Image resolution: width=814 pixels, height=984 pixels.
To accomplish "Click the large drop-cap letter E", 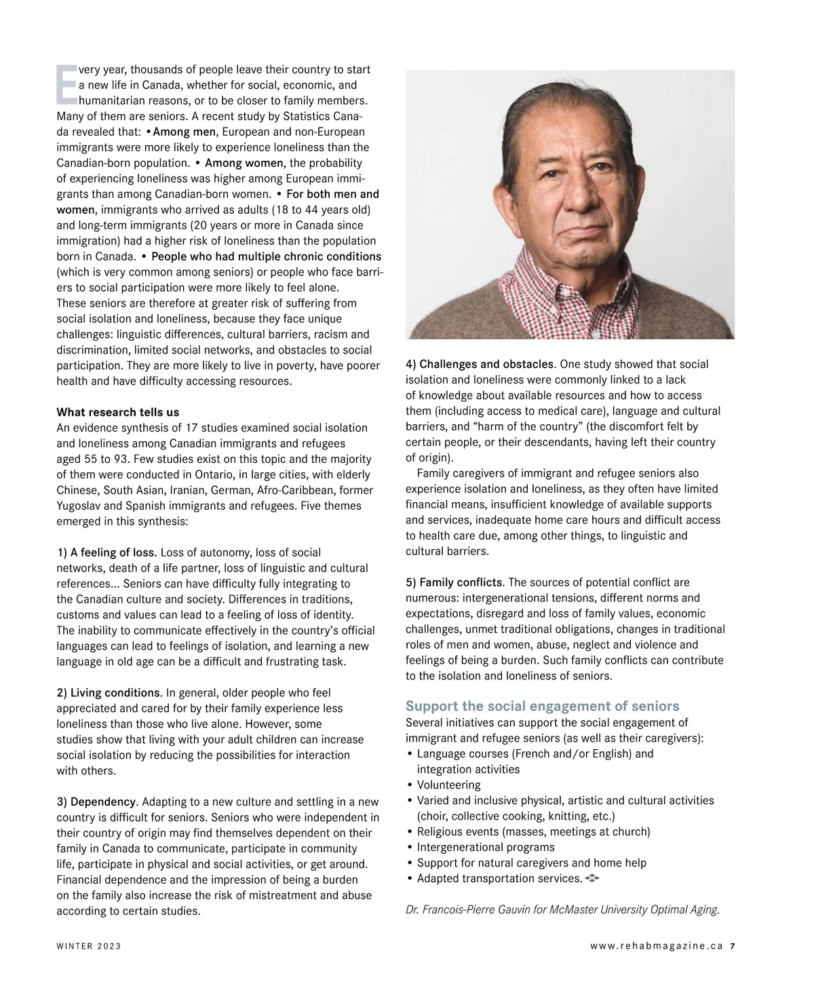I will (x=66, y=85).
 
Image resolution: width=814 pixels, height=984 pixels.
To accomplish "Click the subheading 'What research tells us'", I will (x=117, y=412).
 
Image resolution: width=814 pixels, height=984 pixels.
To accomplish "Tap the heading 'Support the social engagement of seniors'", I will (x=542, y=706).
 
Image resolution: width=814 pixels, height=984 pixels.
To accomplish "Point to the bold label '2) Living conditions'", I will (x=108, y=693).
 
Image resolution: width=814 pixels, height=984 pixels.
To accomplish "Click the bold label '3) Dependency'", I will (x=96, y=802).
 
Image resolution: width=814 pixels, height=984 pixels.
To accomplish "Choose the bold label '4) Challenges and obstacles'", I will (x=480, y=364).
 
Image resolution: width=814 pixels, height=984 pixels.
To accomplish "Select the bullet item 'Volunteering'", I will (x=448, y=785).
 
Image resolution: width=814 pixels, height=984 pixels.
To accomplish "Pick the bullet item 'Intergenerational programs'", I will (x=485, y=847).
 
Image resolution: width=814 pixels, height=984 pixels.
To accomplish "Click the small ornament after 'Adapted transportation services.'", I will (x=592, y=878).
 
